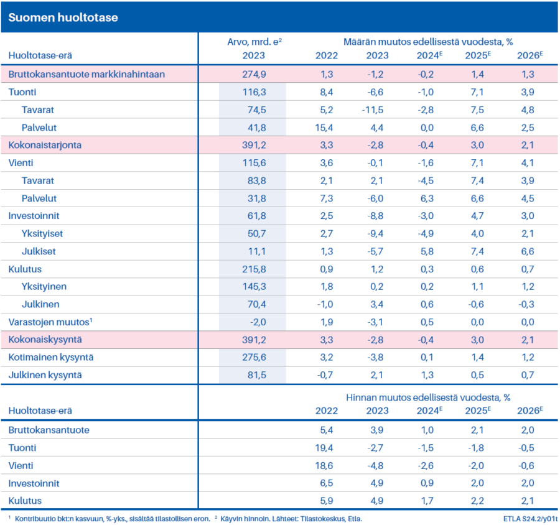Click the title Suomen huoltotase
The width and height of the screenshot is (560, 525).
pos(63,17)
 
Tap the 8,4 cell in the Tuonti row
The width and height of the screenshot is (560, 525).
pos(326,92)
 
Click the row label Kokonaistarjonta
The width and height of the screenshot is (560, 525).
pos(45,145)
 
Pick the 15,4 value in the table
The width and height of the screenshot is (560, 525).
pos(326,128)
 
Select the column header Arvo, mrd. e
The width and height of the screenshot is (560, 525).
pos(256,42)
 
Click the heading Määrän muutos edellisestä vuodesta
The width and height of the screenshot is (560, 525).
pos(428,42)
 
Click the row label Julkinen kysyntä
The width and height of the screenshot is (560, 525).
pos(45,375)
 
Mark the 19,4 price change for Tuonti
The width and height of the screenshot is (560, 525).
pos(326,448)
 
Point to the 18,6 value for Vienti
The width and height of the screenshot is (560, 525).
pos(326,465)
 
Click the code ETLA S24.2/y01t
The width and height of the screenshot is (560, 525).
pos(531,518)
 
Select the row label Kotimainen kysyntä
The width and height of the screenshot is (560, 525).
pos(51,358)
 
